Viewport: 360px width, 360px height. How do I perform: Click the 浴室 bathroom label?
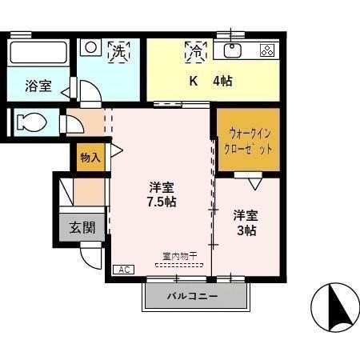[x=38, y=86]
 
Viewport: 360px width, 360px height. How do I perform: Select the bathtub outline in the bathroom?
[x=38, y=54]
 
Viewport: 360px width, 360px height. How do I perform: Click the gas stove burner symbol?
[x=267, y=50]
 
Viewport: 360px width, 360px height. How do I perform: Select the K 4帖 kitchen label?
[x=210, y=81]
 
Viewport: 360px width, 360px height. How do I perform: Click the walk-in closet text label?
[x=249, y=142]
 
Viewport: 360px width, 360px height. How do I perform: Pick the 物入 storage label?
[x=90, y=158]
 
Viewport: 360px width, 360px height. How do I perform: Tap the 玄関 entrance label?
[x=82, y=227]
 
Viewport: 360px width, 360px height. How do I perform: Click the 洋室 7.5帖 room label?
[x=162, y=194]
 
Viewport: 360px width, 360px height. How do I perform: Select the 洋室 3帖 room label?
[x=246, y=222]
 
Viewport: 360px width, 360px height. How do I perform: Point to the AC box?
[x=123, y=270]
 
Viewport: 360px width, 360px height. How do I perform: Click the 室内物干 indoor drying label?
[x=178, y=257]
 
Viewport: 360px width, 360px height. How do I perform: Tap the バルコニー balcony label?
[x=192, y=297]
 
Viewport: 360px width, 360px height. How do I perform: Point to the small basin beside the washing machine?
[x=91, y=48]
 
